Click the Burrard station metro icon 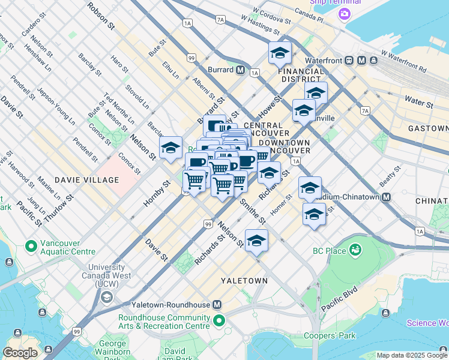240,70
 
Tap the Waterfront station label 329,61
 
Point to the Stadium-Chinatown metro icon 387,197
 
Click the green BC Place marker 355,249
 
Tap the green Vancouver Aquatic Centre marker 30,246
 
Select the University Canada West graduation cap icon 107,296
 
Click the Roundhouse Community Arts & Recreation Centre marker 219,320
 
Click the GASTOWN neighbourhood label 428,128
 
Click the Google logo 20,353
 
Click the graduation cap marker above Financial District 280,55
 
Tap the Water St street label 418,102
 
